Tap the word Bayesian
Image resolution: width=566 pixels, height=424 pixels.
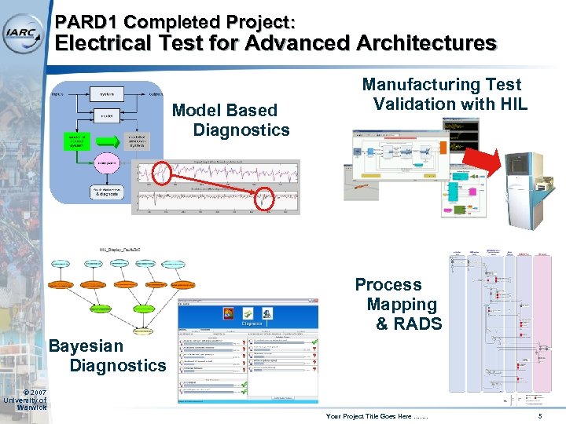pos(86,345)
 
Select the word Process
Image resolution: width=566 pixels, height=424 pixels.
pos(388,284)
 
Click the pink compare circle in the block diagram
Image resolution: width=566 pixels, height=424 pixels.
pos(106,163)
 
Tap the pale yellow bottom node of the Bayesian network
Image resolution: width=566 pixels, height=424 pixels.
pos(143,331)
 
